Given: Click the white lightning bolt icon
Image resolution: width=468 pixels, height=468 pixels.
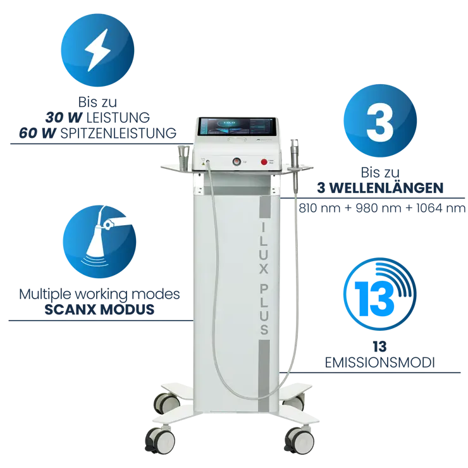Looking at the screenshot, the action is pyautogui.click(x=97, y=50).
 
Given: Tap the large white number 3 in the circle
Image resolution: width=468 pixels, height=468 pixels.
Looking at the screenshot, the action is pyautogui.click(x=379, y=122).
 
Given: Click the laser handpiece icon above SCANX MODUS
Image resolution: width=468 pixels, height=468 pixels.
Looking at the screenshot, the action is pyautogui.click(x=101, y=236).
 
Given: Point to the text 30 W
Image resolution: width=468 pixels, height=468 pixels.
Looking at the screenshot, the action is pyautogui.click(x=64, y=117).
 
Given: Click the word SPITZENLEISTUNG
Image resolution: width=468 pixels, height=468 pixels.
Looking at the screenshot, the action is pyautogui.click(x=118, y=133).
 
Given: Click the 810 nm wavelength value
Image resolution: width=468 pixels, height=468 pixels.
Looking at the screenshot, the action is pyautogui.click(x=319, y=208).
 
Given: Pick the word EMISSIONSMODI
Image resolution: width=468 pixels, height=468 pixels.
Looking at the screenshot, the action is pyautogui.click(x=379, y=363).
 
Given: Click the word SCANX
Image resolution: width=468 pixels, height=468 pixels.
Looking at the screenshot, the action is pyautogui.click(x=70, y=309).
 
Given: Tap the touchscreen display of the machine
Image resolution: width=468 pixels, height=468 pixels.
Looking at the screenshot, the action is pyautogui.click(x=237, y=126).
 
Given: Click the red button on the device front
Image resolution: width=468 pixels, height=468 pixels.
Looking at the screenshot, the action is pyautogui.click(x=264, y=162).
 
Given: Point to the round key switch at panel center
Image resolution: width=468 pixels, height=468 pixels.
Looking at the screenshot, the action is pyautogui.click(x=237, y=162).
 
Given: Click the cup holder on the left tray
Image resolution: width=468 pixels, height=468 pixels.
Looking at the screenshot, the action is pyautogui.click(x=183, y=156).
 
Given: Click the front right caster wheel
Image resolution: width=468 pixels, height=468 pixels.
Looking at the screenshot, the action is pyautogui.click(x=299, y=440).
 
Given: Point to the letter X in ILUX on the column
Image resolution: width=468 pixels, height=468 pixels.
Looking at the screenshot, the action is pyautogui.click(x=263, y=269).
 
